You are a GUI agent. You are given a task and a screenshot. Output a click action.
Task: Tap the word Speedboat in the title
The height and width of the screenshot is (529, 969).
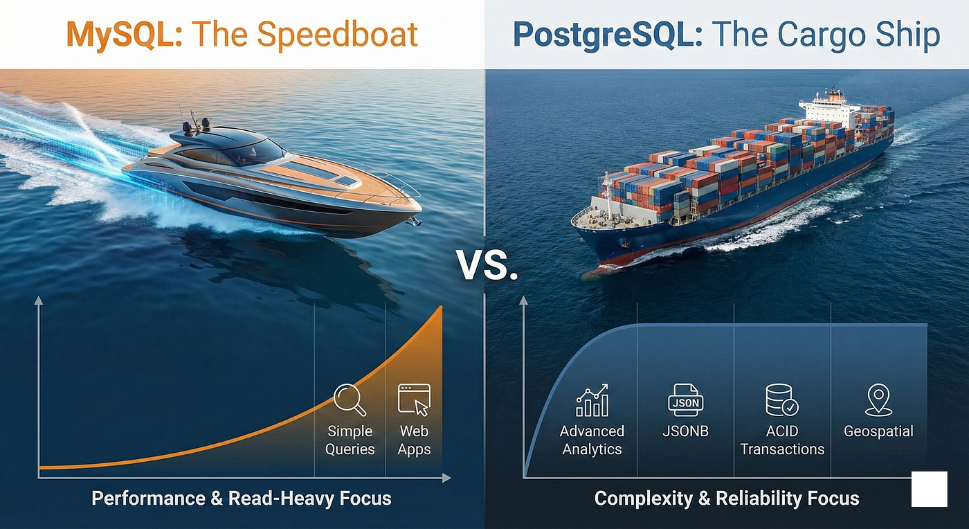[x=338, y=35]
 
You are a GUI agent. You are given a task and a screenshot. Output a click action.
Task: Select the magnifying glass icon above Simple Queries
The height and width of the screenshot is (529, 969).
[x=350, y=400]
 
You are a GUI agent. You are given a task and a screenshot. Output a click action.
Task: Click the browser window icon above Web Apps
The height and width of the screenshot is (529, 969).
[x=414, y=400]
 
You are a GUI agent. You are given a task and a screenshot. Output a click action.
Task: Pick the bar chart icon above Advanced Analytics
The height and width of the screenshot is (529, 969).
[x=592, y=400]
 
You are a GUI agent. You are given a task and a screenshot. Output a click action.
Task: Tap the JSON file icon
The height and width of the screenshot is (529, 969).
[x=686, y=400]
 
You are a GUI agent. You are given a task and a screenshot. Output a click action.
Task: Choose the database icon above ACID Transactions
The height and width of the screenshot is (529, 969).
[x=782, y=400]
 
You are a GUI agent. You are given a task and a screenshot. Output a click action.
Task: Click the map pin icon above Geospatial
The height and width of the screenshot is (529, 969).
[x=878, y=400]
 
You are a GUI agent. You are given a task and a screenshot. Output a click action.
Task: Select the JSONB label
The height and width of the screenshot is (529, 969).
[x=686, y=431]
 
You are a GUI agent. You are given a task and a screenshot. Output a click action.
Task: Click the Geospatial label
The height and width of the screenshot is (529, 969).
[x=878, y=431]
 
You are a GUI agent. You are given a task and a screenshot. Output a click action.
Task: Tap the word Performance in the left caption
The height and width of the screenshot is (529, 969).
[x=148, y=499]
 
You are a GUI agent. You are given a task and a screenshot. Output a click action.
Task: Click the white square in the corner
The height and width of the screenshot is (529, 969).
[x=929, y=489]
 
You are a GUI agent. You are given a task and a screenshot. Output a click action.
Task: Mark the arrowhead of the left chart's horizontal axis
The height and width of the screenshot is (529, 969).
[x=446, y=478]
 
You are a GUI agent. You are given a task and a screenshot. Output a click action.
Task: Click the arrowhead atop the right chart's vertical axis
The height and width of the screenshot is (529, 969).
[x=523, y=301]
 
